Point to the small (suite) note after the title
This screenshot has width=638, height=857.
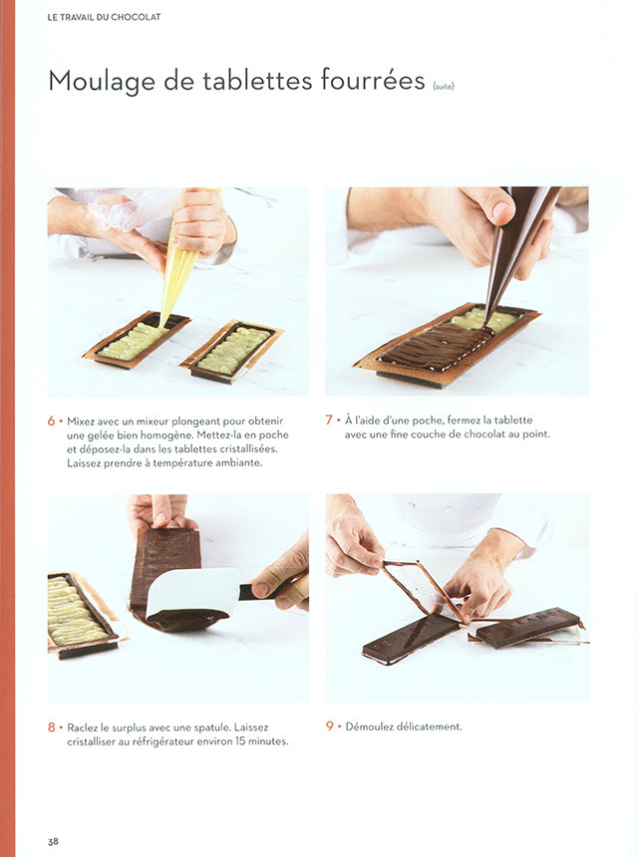click(443, 86)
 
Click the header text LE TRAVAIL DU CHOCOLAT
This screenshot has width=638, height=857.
click(104, 17)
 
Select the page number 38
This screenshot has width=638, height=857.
click(53, 841)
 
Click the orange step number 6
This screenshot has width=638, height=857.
click(51, 421)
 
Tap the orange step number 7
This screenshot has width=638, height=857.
click(329, 420)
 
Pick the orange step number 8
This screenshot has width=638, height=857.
click(51, 727)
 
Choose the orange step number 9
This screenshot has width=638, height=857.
click(329, 726)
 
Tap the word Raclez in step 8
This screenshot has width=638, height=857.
click(84, 727)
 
